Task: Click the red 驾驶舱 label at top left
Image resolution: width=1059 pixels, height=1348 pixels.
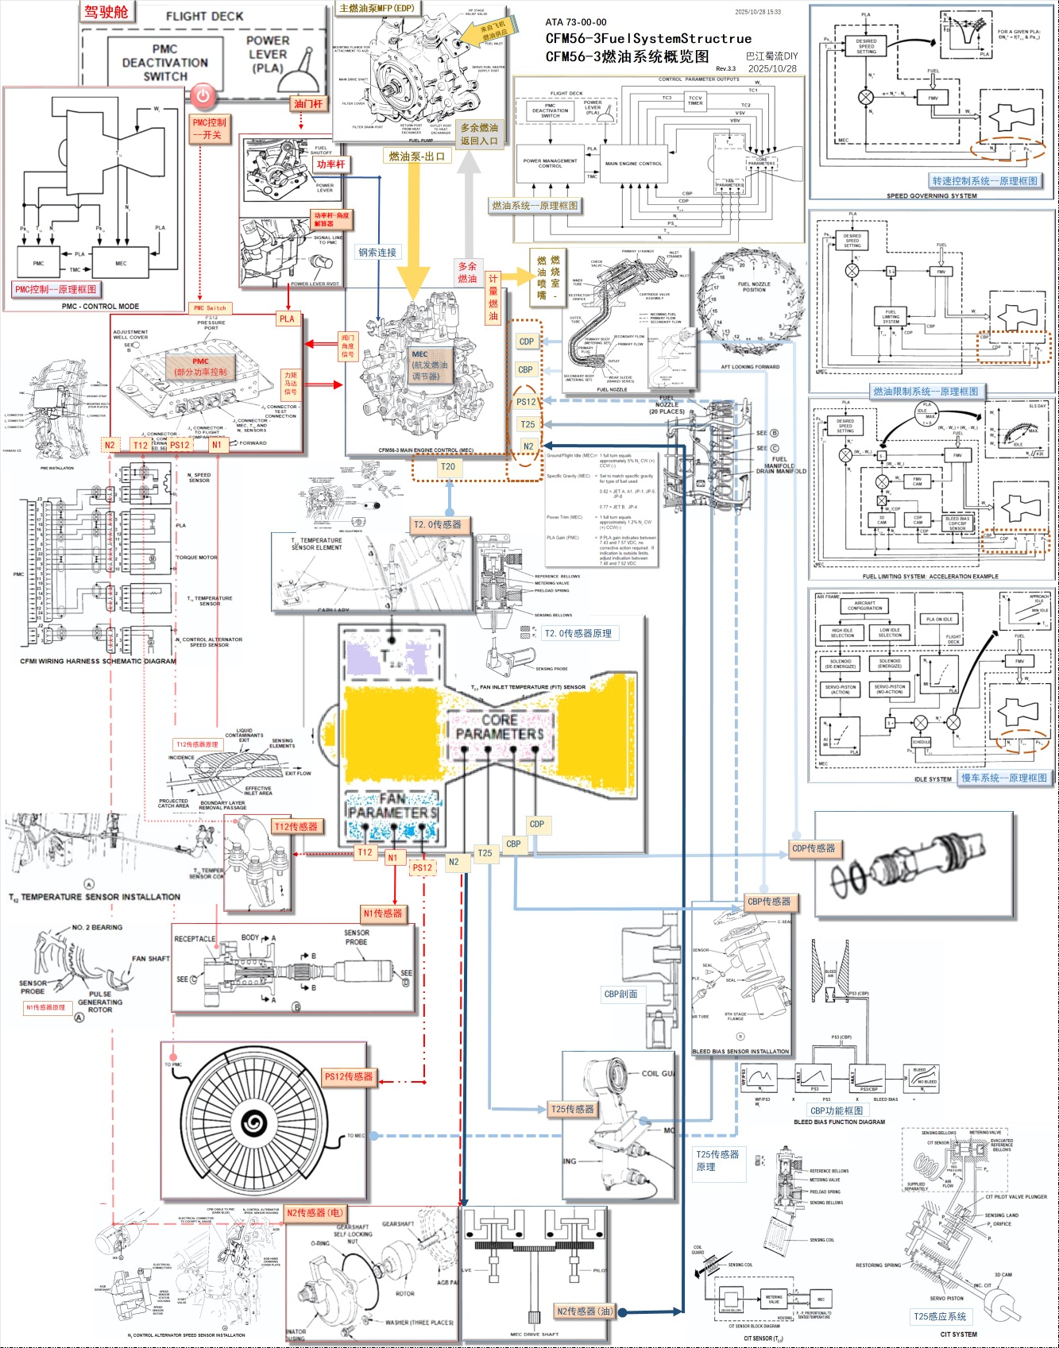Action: (x=106, y=12)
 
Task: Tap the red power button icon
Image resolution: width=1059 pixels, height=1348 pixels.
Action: (x=203, y=96)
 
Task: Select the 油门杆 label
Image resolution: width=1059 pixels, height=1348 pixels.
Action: (x=308, y=104)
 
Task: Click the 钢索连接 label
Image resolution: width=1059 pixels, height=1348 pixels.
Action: (x=377, y=253)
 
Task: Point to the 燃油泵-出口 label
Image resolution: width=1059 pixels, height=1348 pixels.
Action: (x=417, y=156)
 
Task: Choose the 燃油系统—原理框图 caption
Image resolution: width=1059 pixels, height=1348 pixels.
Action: (x=535, y=206)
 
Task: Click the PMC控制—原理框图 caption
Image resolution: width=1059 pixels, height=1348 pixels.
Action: (x=55, y=289)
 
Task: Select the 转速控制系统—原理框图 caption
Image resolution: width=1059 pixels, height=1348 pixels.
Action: (x=984, y=181)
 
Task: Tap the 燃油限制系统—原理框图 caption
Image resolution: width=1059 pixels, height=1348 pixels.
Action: (x=926, y=392)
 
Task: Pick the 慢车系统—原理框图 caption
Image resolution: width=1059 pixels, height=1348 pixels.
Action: (x=1003, y=778)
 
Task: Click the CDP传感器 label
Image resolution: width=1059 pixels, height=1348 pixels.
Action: (x=814, y=848)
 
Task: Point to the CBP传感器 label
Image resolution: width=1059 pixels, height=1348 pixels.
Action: (x=769, y=902)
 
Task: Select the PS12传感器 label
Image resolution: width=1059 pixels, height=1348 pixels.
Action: (x=348, y=1076)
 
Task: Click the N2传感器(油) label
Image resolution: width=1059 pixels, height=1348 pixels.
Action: (x=585, y=1311)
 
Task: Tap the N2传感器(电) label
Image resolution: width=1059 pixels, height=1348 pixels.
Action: (x=315, y=1213)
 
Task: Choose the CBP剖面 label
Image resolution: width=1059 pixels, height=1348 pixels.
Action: (x=620, y=994)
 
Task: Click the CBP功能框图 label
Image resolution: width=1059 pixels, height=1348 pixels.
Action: (x=836, y=1110)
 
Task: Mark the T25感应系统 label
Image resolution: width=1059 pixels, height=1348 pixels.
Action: (x=940, y=1316)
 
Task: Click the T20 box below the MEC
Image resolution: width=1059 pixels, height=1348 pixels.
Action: (x=448, y=467)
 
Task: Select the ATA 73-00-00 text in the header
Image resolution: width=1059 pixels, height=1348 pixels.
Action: (x=576, y=22)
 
